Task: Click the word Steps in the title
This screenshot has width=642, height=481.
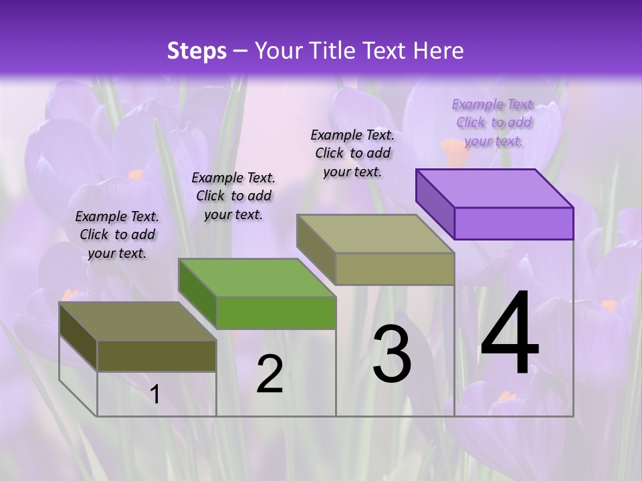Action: coord(197,51)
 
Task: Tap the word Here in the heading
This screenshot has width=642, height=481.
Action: coord(439,51)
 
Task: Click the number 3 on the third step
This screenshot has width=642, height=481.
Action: coord(392,354)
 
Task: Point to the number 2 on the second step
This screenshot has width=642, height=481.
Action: coord(270,374)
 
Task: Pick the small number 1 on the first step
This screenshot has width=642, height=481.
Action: coord(155,394)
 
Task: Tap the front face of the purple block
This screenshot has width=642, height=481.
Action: coord(514,223)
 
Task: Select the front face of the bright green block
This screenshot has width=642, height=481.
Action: coord(276,313)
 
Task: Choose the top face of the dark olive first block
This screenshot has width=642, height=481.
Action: coord(138,321)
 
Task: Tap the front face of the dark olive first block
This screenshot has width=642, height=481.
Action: coord(156,355)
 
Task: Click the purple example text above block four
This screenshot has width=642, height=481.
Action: coord(494,122)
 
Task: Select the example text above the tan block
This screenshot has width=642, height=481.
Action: coord(352,153)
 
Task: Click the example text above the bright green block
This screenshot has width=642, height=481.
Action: coord(233,196)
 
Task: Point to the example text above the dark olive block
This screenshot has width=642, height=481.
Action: coord(117,234)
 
